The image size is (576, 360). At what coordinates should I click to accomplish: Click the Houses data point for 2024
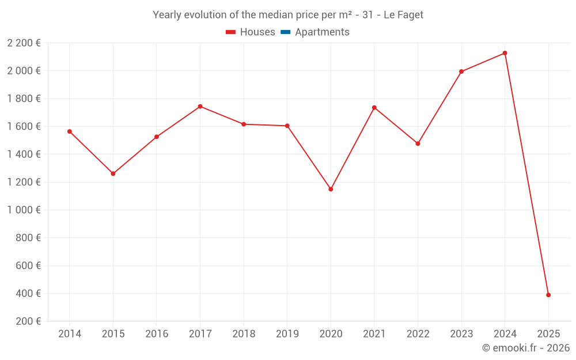[505, 53]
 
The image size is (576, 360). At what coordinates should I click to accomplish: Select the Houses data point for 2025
[548, 295]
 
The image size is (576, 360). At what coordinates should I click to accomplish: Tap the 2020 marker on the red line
[331, 189]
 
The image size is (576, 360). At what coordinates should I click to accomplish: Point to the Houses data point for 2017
[200, 107]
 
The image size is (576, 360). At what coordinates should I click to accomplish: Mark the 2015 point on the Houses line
[113, 173]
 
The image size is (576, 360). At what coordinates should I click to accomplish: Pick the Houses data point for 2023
[461, 71]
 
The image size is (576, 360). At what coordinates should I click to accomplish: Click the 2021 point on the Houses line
[374, 108]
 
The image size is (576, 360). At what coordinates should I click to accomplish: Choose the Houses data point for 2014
[70, 131]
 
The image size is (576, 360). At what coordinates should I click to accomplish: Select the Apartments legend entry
[322, 32]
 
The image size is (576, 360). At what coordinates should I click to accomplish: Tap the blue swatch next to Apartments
[286, 32]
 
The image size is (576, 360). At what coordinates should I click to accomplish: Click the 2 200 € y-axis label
[24, 43]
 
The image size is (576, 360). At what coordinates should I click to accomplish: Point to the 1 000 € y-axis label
[24, 210]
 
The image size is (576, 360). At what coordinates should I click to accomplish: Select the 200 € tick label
[28, 321]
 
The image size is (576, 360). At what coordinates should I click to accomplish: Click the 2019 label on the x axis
[287, 334]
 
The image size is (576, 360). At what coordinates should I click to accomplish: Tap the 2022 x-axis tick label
[418, 334]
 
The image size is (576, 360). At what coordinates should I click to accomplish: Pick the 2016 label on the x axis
[157, 334]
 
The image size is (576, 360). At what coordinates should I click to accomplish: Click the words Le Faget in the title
[403, 15]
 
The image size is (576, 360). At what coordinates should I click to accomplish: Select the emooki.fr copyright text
[525, 348]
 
